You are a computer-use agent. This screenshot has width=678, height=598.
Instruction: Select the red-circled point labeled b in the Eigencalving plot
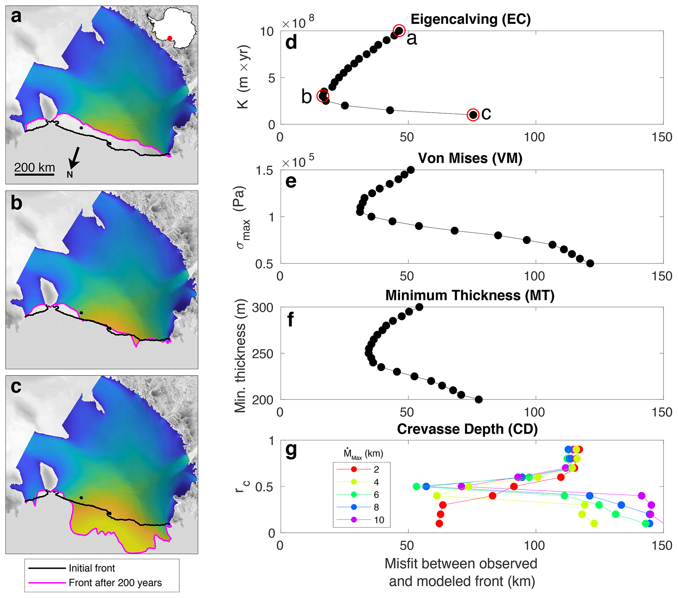click(323, 96)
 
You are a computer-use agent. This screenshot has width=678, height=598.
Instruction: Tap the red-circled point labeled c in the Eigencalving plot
click(473, 115)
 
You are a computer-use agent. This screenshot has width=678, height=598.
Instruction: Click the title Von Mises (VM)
click(470, 158)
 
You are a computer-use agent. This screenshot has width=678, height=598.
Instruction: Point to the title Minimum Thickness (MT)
click(470, 295)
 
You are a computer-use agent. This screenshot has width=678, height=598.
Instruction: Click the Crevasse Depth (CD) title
click(467, 429)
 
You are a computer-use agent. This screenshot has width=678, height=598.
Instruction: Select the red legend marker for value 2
click(354, 470)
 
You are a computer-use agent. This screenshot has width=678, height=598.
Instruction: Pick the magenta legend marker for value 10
click(354, 520)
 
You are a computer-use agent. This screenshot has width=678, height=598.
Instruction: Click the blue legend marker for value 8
click(354, 507)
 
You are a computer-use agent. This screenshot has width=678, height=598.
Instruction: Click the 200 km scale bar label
click(34, 167)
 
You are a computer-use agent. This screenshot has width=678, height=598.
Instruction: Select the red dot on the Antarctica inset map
click(170, 38)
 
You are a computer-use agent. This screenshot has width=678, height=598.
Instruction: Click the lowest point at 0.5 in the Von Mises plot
click(590, 263)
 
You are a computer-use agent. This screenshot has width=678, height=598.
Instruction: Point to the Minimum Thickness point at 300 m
click(419, 307)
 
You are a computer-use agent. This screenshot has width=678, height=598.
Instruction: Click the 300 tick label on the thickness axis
click(263, 308)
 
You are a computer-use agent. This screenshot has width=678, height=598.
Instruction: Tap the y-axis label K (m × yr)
click(243, 77)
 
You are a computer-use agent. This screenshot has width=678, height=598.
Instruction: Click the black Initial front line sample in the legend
click(47, 568)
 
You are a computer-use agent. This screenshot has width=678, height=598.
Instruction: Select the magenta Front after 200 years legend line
click(47, 583)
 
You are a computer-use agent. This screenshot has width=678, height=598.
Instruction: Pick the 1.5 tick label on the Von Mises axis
click(264, 171)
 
